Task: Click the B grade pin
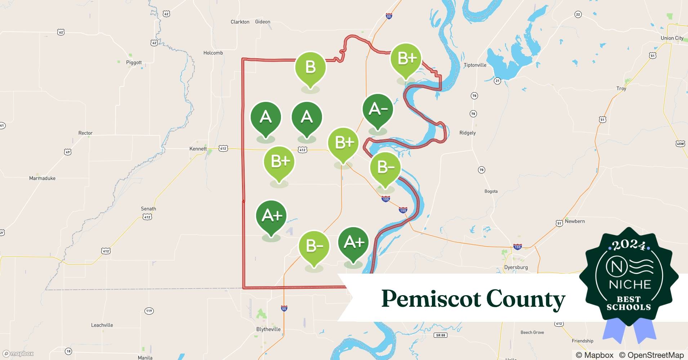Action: tap(310, 67)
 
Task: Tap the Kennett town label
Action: tap(198, 149)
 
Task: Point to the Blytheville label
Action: tap(268, 329)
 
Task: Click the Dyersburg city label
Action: tap(516, 267)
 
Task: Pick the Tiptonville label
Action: tap(475, 65)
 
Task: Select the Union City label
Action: tap(672, 38)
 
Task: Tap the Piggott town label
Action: tap(134, 63)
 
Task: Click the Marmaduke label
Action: tap(42, 178)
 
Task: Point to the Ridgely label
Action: tap(468, 133)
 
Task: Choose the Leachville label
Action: tap(102, 325)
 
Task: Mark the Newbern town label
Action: tap(575, 221)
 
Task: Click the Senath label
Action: tap(148, 209)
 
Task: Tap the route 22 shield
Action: tap(578, 14)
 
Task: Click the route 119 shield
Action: tap(149, 311)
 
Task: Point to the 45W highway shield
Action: tap(680, 144)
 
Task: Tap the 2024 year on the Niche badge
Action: tap(629, 246)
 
